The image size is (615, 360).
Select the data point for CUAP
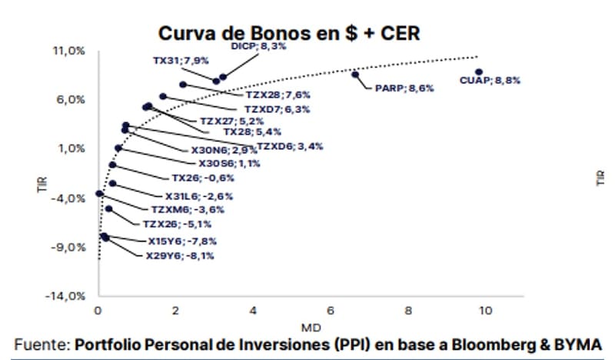pos(479,72)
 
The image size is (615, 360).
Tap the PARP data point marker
pos(355,75)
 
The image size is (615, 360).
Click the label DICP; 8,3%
pos(259,46)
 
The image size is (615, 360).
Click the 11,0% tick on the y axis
pos(68,51)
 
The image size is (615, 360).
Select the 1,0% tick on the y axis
pos(71,148)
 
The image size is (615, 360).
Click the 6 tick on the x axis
pos(331,311)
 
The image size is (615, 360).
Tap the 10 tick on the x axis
pos(485,311)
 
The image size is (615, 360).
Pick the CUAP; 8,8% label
pos(490,80)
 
